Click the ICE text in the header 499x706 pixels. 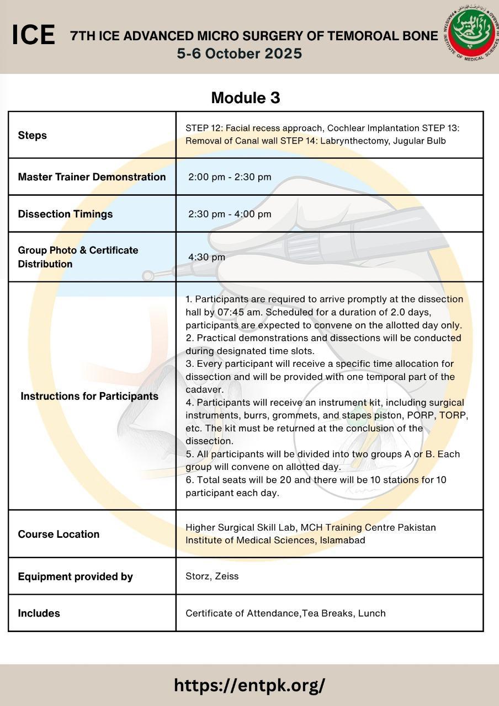coord(33,36)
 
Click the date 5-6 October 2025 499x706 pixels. coord(239,54)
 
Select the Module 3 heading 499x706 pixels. coord(246,98)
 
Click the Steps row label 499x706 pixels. coord(32,135)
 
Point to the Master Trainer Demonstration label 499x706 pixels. coord(92,177)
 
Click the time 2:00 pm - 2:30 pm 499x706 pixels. coord(230,177)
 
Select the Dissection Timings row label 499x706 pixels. coord(65,214)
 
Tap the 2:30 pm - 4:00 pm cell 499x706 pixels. coord(230,214)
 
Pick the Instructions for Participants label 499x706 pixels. coord(89,396)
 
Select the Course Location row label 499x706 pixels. coord(59,534)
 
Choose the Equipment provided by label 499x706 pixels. coord(75,576)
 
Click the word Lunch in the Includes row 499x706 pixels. coord(371,613)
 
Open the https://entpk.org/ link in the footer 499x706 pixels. coord(250,685)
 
